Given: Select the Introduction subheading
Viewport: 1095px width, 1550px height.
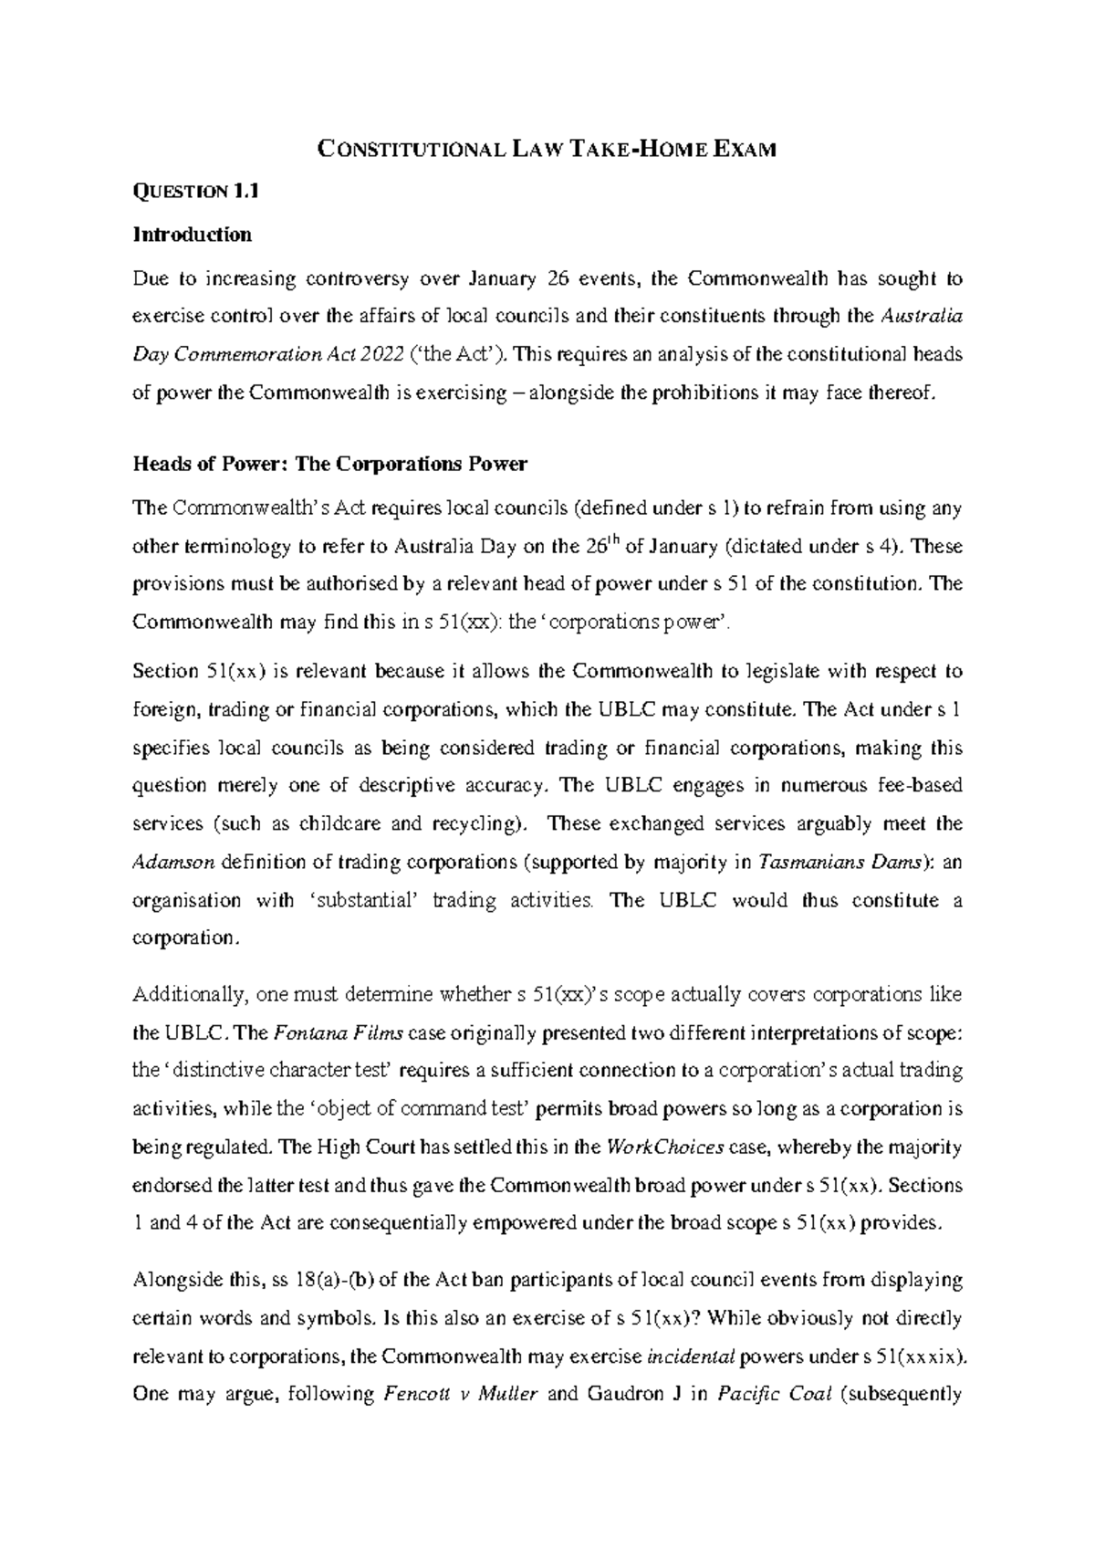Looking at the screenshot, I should click(192, 235).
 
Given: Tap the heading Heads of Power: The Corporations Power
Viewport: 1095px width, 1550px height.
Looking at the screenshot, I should click(329, 464).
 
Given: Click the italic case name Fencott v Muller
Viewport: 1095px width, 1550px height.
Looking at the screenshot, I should click(459, 1395).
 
